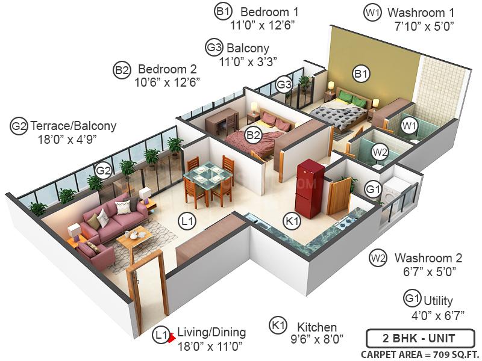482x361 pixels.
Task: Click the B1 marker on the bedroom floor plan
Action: tap(361, 74)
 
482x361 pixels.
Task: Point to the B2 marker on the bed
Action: tap(252, 135)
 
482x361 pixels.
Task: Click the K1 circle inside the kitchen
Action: tap(292, 222)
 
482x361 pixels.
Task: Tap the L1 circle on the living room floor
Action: tap(188, 221)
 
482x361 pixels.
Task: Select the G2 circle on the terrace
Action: tap(104, 170)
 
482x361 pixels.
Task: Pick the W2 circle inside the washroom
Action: tap(379, 152)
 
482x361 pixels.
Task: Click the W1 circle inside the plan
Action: tap(410, 125)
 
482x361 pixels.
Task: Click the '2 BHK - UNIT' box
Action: tap(419, 337)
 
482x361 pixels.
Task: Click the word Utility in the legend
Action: tap(438, 300)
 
